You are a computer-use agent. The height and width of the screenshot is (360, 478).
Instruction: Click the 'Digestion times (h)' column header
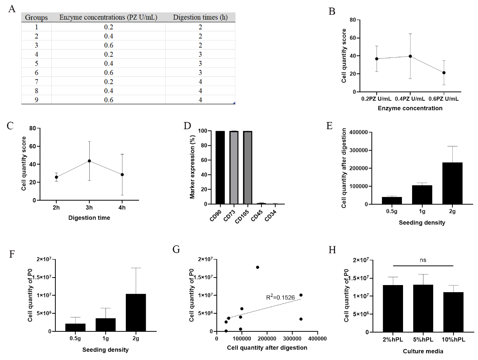pos(200,17)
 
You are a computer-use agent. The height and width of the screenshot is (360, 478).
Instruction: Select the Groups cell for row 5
pos(37,63)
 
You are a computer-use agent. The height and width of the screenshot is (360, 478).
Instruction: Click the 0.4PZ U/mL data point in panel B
pos(410,56)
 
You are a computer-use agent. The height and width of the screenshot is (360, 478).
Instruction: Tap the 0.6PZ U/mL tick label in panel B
pos(443,99)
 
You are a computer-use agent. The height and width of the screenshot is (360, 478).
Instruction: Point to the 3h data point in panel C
pos(89,161)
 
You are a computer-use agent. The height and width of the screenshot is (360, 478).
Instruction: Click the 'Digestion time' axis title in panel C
pos(89,218)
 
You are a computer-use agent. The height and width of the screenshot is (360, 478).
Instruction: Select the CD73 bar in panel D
pos(234,168)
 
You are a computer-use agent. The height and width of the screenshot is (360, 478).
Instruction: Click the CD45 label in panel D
pos(257,216)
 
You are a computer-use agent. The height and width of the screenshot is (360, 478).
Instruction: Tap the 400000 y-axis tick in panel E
pos(358,133)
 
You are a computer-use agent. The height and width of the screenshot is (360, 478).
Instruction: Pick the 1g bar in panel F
pos(105,325)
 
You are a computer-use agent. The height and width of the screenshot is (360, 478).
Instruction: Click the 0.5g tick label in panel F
pos(75,339)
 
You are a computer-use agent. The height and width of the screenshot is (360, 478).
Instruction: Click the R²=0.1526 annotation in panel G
pos(280,297)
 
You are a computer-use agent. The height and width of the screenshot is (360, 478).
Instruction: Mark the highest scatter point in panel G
pos(258,267)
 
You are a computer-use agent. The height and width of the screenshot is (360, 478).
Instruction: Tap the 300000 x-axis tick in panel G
pos(292,339)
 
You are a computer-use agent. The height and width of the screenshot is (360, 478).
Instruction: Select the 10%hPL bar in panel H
pos(453,312)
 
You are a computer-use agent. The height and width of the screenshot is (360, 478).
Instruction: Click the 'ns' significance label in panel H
pos(423,260)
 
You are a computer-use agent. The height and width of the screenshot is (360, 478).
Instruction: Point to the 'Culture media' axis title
pos(423,351)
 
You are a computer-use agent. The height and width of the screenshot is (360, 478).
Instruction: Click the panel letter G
pos(176,250)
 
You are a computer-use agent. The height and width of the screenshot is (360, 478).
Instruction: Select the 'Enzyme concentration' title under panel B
pos(410,108)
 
